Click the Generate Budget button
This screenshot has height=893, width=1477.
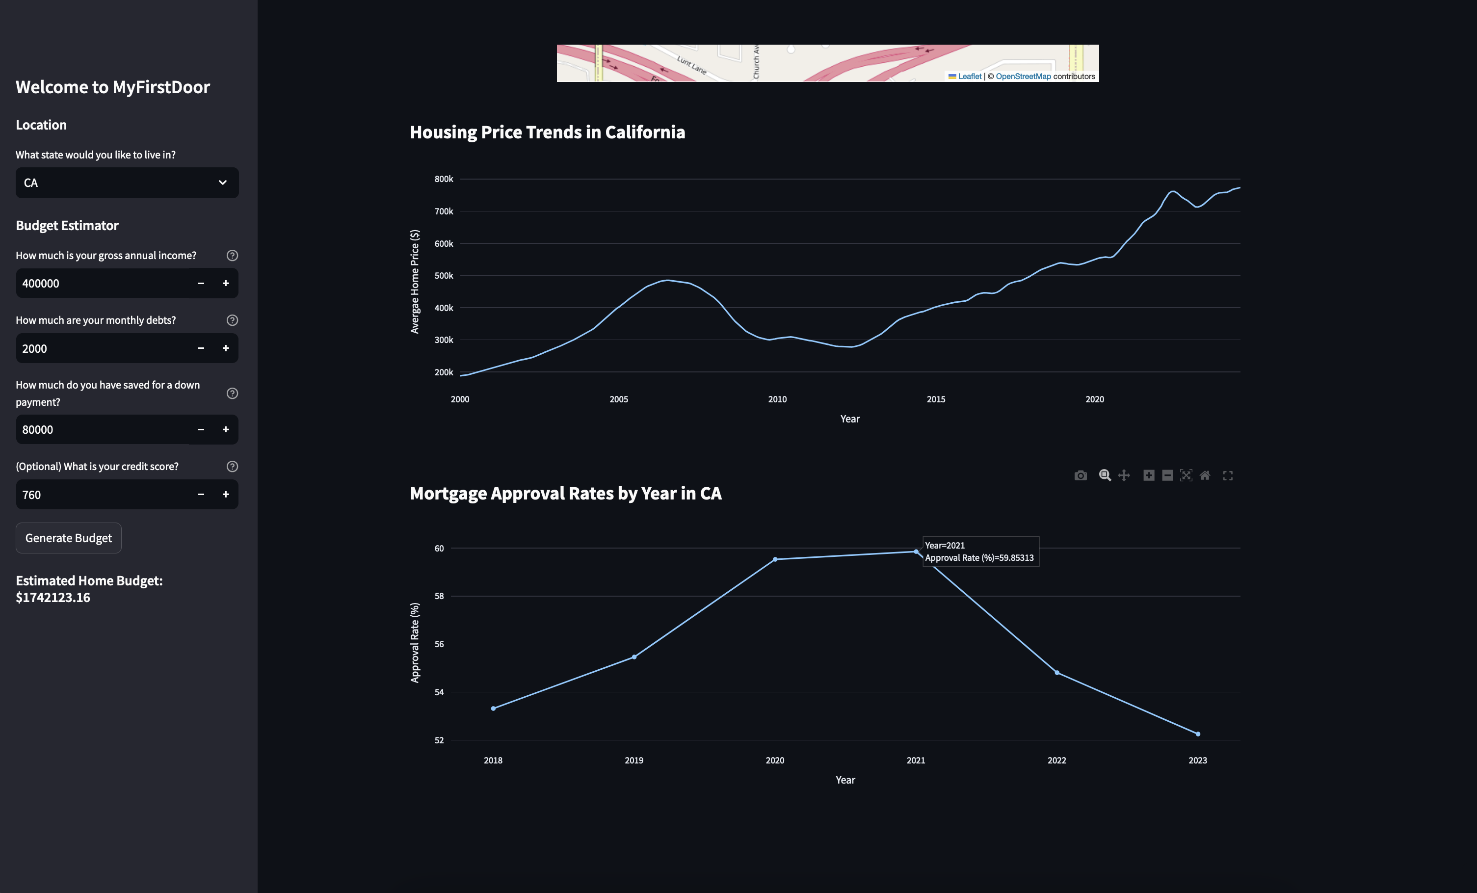[68, 538]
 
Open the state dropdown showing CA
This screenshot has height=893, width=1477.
[127, 183]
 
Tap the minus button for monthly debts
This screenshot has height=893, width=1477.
[201, 348]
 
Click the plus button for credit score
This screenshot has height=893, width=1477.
[225, 495]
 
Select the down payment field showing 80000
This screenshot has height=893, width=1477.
[102, 430]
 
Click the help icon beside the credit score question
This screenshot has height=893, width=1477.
[232, 466]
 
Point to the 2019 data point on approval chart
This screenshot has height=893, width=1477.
[634, 657]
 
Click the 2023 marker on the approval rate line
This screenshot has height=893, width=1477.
[1198, 734]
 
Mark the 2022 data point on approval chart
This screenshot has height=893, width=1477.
[1057, 672]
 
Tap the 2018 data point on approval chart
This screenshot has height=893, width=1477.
[493, 709]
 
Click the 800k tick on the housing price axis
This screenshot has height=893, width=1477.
[444, 179]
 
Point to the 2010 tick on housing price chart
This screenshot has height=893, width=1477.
[777, 399]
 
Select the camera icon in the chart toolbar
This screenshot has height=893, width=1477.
[1080, 475]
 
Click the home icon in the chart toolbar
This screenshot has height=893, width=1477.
[1205, 475]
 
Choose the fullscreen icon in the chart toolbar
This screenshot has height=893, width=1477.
[1228, 475]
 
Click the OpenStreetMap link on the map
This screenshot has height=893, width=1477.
[1023, 77]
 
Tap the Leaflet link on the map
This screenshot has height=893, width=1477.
[969, 77]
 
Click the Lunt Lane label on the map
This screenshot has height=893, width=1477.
[692, 65]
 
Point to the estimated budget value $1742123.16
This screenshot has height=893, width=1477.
[53, 598]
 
